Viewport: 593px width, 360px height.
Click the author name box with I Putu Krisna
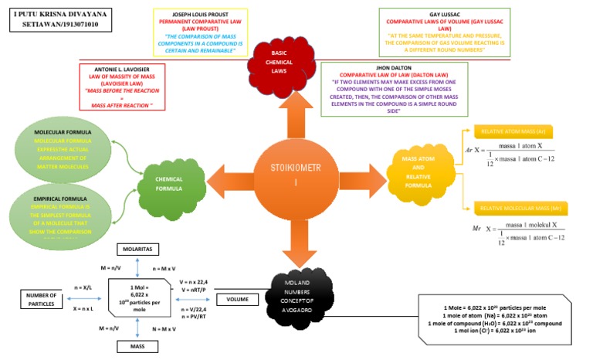(62, 20)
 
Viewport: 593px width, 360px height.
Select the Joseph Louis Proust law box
(205, 30)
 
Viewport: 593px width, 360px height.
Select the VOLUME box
(237, 299)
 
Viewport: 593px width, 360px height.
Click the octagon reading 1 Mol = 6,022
(137, 297)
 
